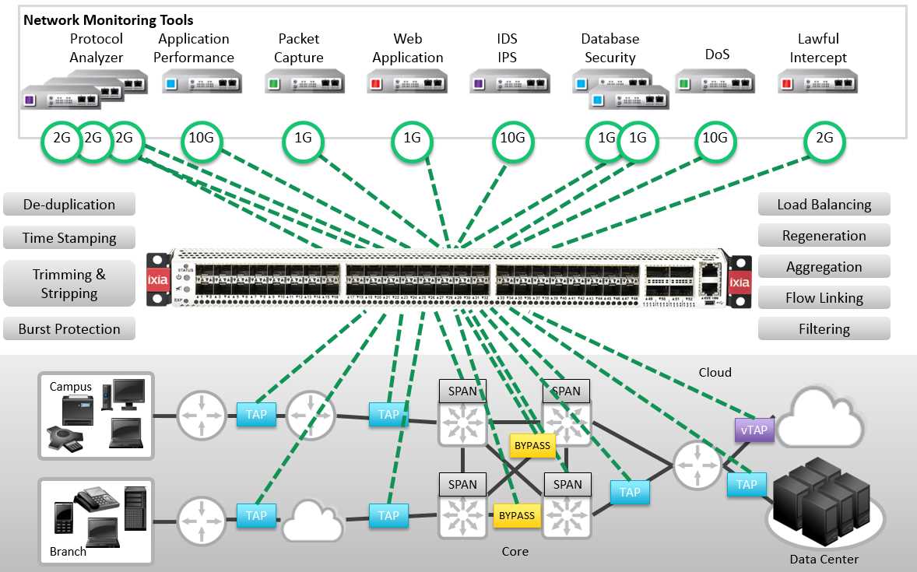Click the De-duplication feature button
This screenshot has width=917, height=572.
click(69, 205)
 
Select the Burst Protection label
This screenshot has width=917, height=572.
click(69, 329)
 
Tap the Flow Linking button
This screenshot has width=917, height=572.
click(824, 298)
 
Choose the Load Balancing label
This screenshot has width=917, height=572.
click(824, 205)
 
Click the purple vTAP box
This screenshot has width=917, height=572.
click(754, 429)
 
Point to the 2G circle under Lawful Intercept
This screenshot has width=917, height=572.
click(824, 139)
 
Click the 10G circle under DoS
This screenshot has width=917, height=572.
click(715, 139)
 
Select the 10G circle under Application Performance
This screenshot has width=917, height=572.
click(201, 139)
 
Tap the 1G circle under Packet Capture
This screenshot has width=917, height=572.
click(302, 139)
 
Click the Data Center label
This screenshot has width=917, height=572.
click(824, 559)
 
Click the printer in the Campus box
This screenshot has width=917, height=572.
click(77, 408)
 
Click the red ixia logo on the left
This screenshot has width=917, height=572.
click(157, 280)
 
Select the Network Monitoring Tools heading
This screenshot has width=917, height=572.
click(108, 20)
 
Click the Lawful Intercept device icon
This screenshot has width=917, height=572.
click(817, 80)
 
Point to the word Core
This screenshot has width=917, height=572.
click(515, 551)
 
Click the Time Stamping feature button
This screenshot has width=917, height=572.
click(69, 238)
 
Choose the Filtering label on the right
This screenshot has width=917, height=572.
click(824, 329)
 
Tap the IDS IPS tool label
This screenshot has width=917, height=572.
click(508, 48)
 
